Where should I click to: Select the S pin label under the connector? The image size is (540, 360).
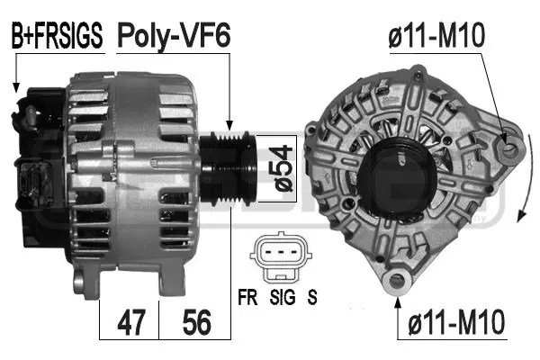311,293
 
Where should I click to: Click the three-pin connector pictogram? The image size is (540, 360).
279,256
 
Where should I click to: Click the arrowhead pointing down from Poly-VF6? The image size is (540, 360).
231,127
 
